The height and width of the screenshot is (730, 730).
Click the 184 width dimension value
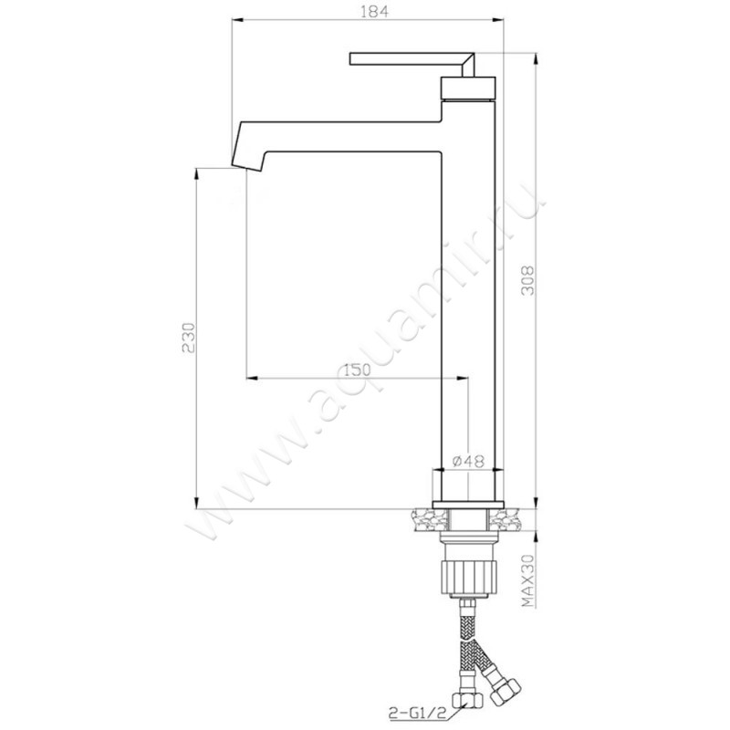point(374,11)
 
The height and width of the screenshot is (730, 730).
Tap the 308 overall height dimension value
point(527,281)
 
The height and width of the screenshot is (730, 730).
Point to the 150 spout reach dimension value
point(357,370)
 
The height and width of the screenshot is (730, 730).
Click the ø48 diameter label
point(468,461)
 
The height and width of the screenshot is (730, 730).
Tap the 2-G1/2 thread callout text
point(413,713)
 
